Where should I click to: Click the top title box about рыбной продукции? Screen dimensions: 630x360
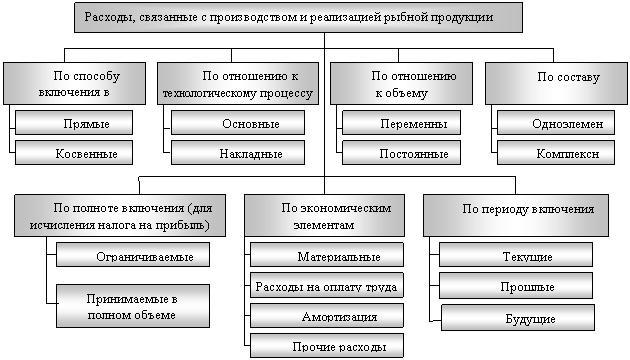point(299,17)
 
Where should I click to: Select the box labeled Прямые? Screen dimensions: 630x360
point(74,123)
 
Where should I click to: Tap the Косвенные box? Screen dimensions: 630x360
point(74,152)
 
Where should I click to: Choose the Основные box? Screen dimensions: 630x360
point(238,123)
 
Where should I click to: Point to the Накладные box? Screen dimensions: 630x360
point(238,152)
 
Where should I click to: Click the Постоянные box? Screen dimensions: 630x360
point(401,152)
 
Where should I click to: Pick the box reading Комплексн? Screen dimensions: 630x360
point(556,152)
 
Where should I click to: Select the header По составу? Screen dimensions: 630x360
point(556,84)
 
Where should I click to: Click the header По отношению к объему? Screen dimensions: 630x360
point(401,84)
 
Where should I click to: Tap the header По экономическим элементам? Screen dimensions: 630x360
point(325,215)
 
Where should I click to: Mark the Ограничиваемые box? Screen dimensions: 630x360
point(133,254)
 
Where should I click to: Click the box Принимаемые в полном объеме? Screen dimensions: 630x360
point(133,306)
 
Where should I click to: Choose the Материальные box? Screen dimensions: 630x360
point(327,254)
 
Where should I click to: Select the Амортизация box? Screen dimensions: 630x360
point(327,315)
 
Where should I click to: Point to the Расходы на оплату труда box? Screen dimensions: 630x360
point(327,285)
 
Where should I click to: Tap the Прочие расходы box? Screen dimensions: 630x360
point(327,346)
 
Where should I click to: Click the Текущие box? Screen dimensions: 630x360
point(516,254)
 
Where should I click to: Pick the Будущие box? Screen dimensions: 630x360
point(518,317)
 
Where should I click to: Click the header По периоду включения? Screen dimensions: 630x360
point(516,215)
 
